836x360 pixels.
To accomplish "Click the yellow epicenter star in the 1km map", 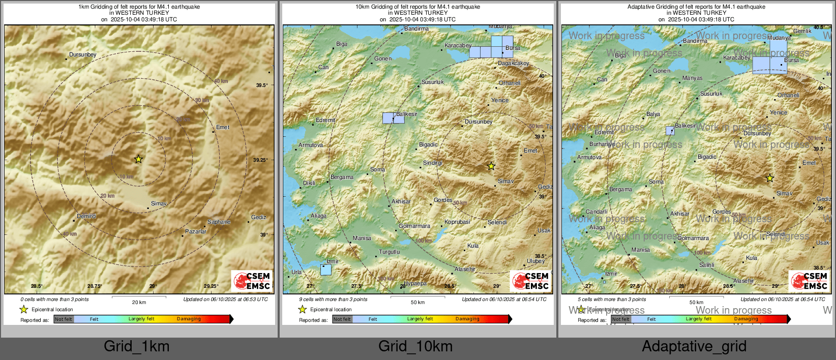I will (x=138, y=159).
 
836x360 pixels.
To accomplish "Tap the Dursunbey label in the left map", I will (x=82, y=54).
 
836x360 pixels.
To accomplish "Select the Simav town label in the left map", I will (x=159, y=203).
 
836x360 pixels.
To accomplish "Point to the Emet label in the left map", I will (x=223, y=127).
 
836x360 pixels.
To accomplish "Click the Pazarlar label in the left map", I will (x=196, y=231).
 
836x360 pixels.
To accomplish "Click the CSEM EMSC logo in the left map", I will (x=252, y=281).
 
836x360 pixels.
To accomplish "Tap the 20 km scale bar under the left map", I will (x=139, y=296).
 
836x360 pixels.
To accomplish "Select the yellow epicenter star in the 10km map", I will (x=491, y=166).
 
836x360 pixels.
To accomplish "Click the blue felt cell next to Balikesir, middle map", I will (x=389, y=118).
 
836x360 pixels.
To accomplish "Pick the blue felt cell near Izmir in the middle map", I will (x=326, y=270).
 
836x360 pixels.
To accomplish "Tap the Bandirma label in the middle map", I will (x=416, y=29).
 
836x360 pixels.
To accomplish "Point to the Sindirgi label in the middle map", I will (x=433, y=163).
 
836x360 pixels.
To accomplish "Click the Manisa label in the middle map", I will (x=362, y=238).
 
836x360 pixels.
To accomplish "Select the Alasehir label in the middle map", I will (x=465, y=269).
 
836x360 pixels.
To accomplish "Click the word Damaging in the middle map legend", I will (x=467, y=319).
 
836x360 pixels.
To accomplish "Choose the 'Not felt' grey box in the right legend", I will (x=621, y=319).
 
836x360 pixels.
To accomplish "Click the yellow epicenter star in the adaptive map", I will (x=770, y=178).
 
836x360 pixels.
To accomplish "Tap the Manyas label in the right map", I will (x=692, y=78).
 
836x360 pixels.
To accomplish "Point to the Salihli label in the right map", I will (x=706, y=265).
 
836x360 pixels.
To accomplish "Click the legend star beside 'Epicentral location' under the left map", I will (x=23, y=309).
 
